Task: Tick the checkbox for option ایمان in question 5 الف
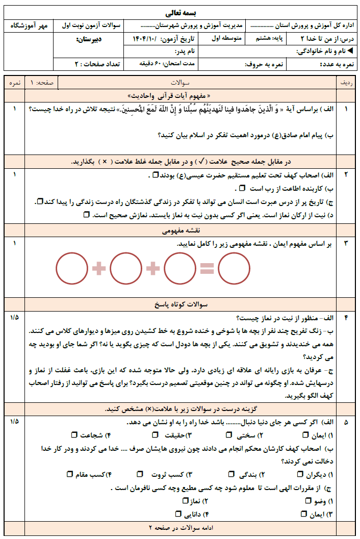(305, 435)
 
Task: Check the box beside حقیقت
(156, 435)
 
